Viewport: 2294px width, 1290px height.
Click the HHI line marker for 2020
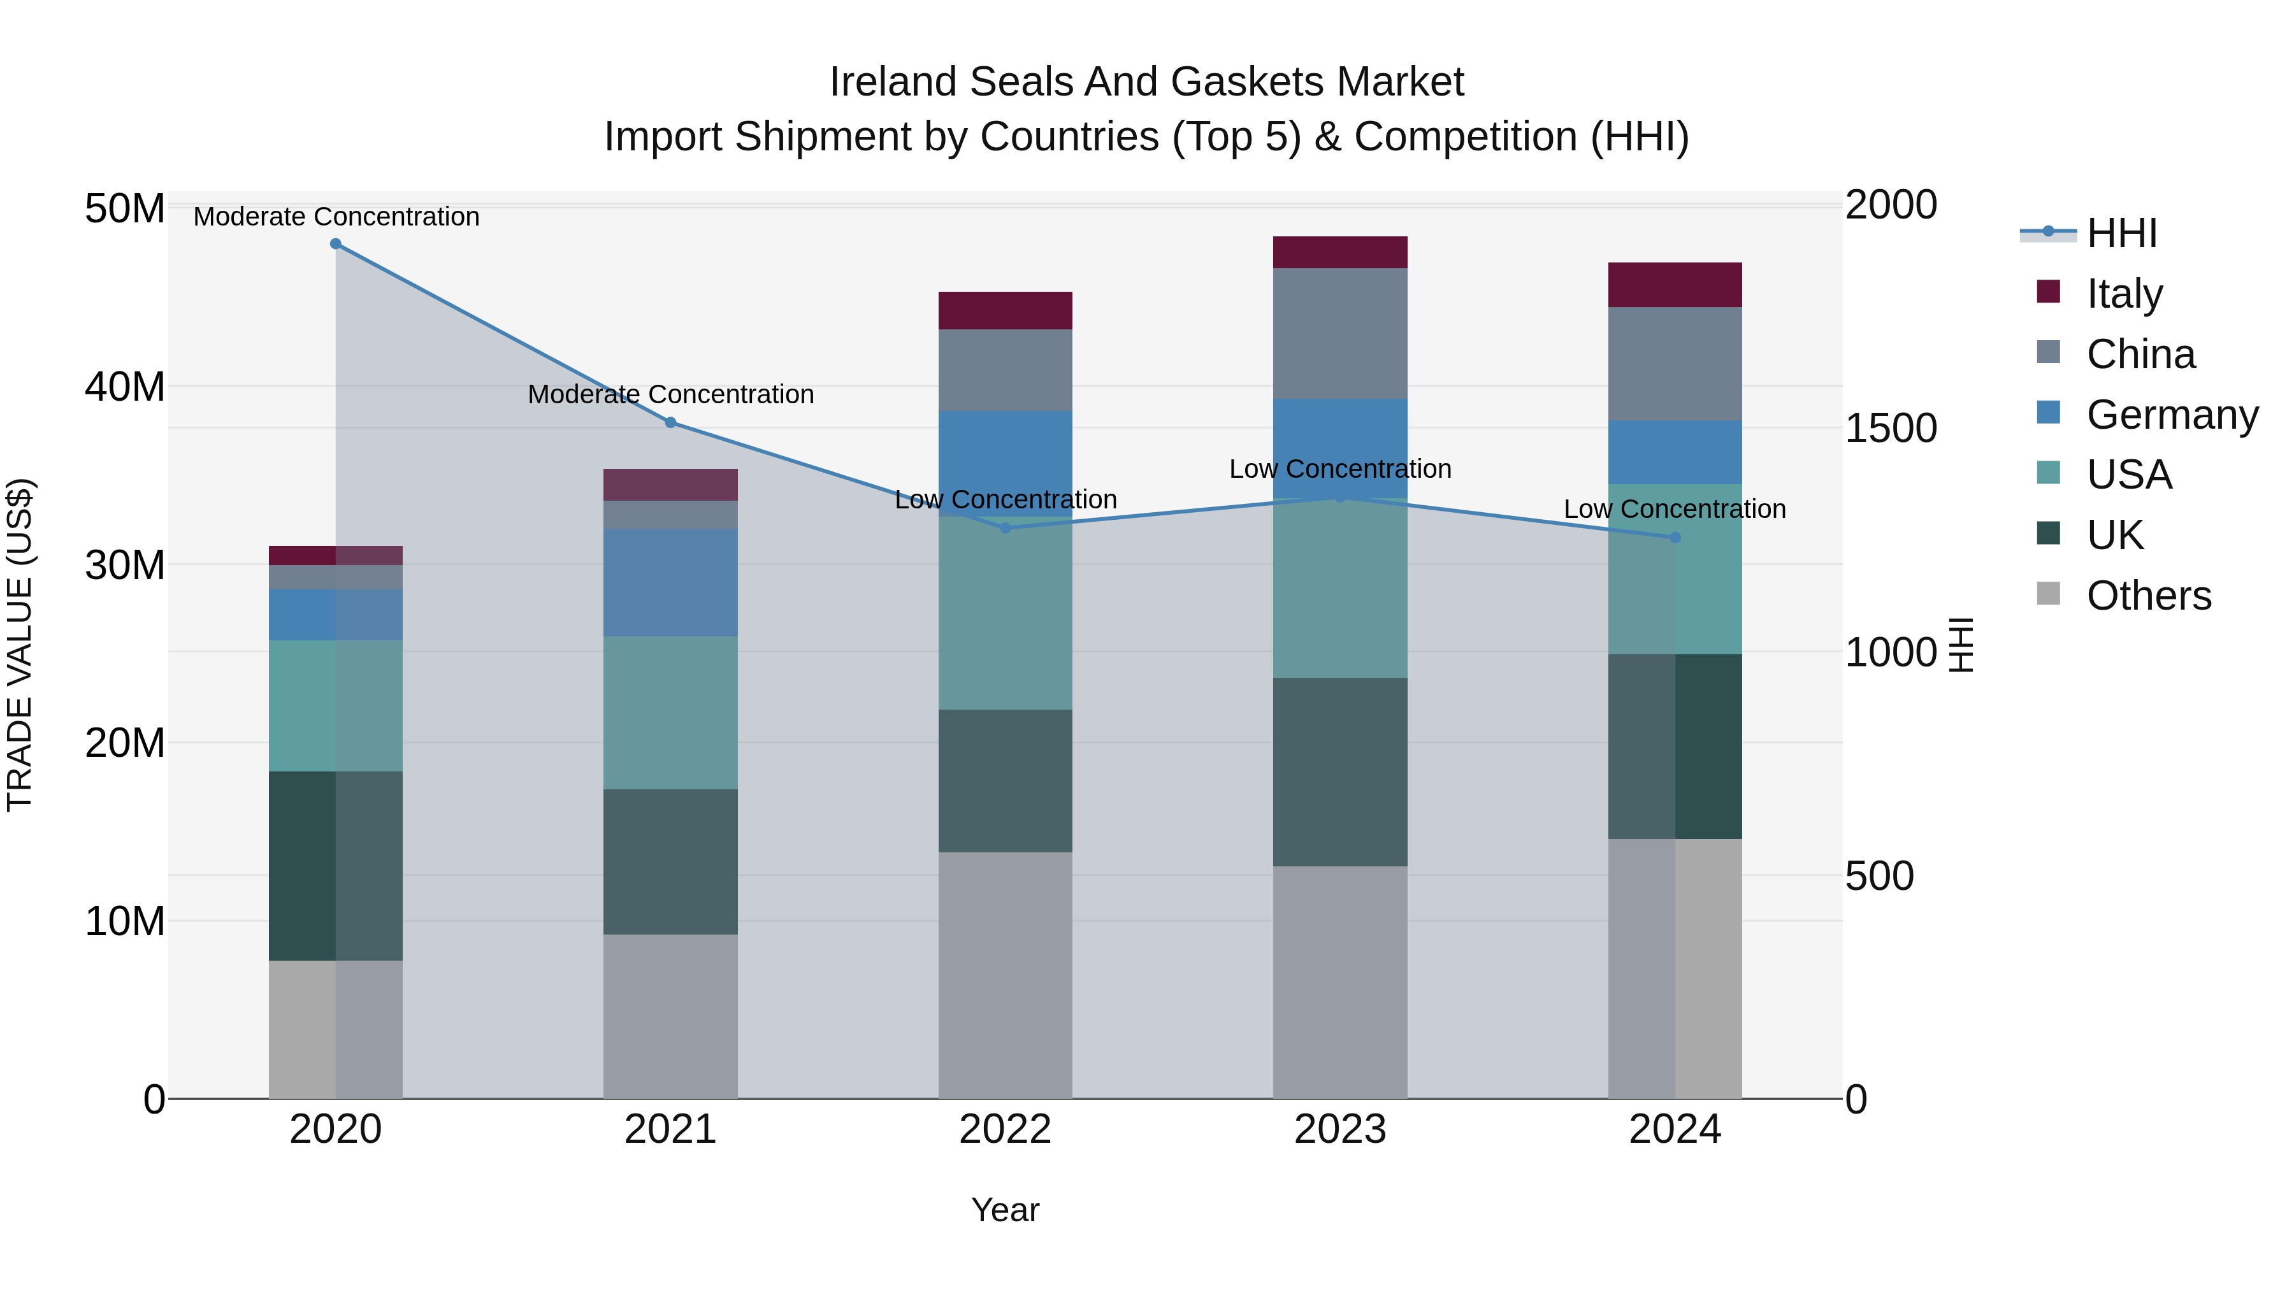pos(336,244)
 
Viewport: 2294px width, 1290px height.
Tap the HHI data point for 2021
pos(670,423)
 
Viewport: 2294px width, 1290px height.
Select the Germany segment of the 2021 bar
pos(670,582)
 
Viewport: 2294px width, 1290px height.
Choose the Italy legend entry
pos(2124,294)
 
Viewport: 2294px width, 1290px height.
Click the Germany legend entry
pos(2171,415)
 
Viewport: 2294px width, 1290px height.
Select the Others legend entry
pos(2148,596)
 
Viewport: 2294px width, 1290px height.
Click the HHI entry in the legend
pos(2121,233)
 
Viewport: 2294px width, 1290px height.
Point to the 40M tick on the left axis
pos(125,387)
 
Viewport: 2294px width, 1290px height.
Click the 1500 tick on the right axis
pos(1890,428)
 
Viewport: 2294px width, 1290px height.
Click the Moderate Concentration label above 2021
pos(670,394)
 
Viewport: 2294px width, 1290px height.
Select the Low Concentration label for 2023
pos(1339,469)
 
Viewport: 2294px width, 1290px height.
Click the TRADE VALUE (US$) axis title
pos(20,645)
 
